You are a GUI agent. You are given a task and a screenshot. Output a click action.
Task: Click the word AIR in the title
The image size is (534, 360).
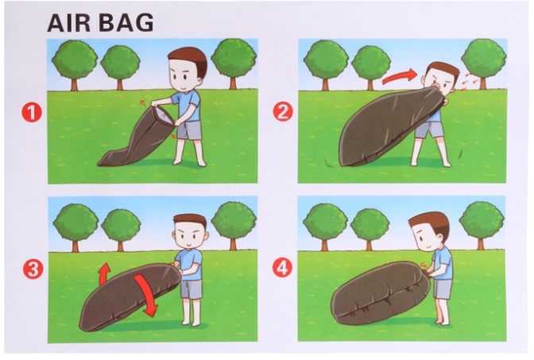pos(69,23)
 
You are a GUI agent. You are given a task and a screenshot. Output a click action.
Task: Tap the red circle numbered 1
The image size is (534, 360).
pos(32,112)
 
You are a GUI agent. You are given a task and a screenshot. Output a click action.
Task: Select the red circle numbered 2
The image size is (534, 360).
pos(283,111)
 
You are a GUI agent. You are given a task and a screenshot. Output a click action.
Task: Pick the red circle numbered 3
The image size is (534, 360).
pos(33,269)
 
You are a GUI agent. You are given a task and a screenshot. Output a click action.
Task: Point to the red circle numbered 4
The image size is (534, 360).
pos(282,268)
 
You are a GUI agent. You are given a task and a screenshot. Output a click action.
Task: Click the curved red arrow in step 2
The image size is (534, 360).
pos(398,77)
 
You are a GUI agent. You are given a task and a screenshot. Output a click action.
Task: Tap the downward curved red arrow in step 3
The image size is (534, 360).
pos(145,293)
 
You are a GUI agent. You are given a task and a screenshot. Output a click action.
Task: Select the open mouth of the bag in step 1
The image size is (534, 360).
pos(164,116)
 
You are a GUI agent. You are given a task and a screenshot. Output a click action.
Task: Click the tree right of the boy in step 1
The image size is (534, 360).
pos(234,64)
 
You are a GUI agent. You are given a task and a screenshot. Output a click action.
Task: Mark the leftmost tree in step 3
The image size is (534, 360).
pos(75,226)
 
